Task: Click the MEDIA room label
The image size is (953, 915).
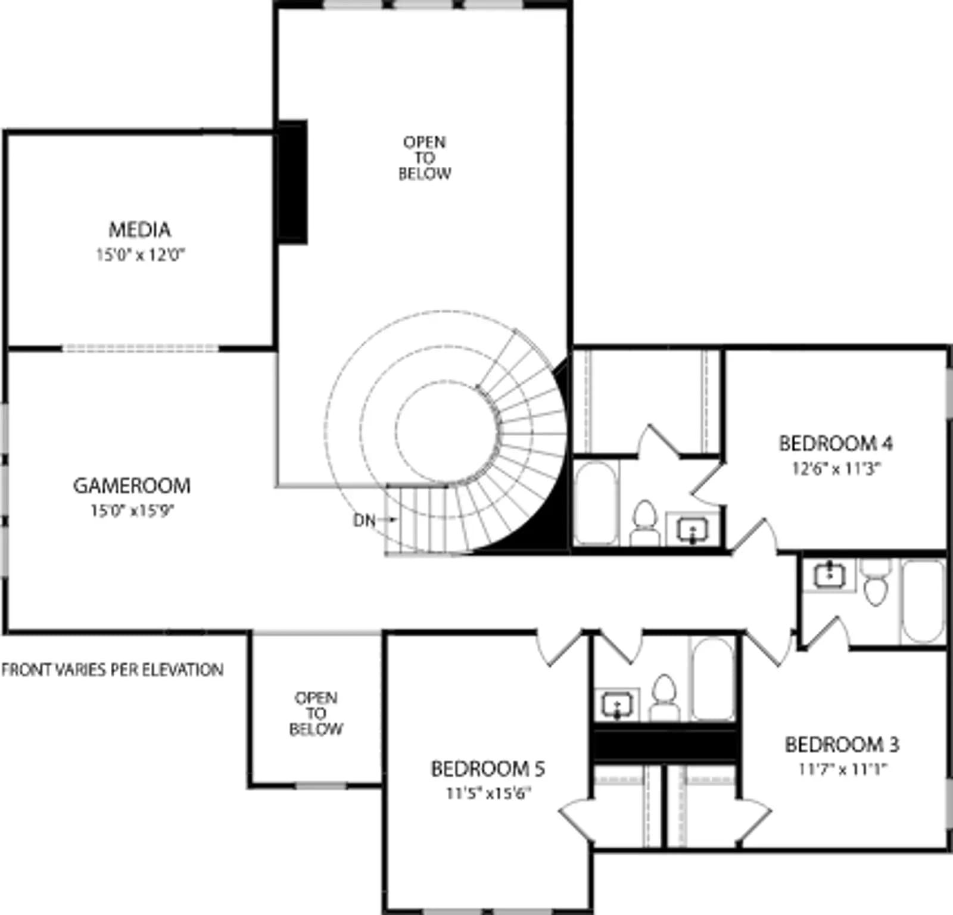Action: point(139,229)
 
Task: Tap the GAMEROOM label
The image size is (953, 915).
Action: point(132,485)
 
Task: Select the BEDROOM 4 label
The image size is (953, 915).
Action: point(836,443)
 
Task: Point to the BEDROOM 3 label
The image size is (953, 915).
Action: point(842,744)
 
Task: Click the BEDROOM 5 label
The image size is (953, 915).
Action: point(488,768)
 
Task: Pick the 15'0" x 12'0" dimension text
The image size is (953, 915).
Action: point(141,255)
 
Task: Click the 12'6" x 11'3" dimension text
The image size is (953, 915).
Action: point(836,468)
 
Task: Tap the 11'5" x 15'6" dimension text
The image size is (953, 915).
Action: point(488,793)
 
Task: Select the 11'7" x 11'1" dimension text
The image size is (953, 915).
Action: point(842,769)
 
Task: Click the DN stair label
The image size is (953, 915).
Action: point(365,520)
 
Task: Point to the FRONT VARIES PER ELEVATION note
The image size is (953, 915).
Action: point(113,670)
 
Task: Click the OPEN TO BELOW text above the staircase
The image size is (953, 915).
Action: point(425,158)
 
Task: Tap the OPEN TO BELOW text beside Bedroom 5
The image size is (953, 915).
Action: point(316,713)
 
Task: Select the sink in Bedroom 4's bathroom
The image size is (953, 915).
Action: point(693,528)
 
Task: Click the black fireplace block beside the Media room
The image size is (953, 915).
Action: point(292,182)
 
